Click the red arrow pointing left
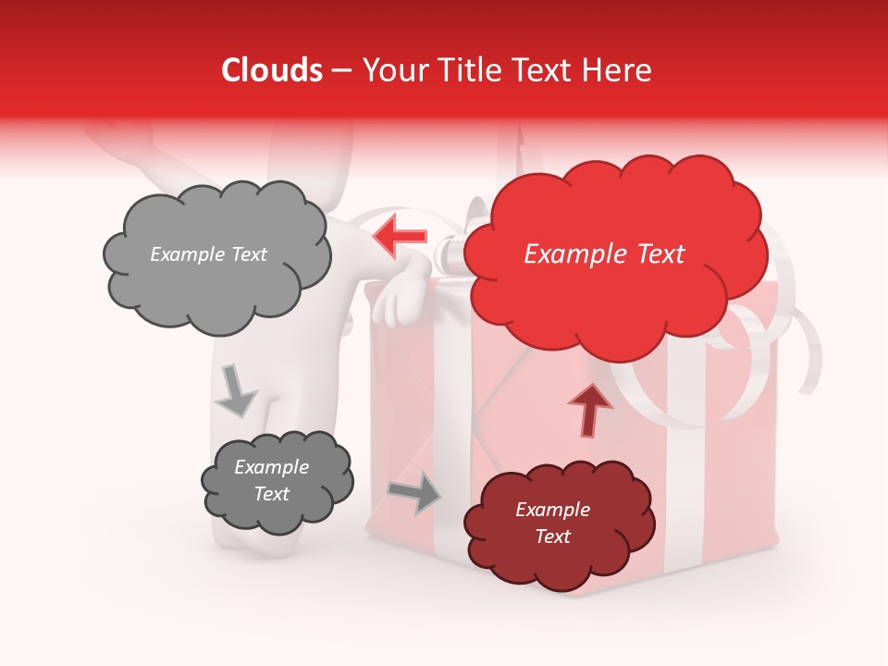[x=401, y=235]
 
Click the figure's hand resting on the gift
[x=397, y=298]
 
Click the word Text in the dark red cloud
[x=553, y=536]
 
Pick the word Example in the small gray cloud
[x=272, y=467]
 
